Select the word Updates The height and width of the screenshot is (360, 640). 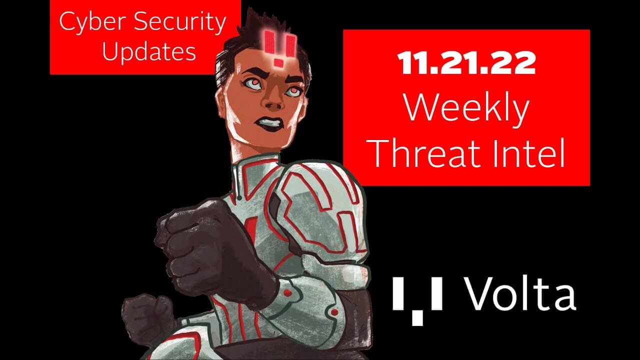[x=148, y=51]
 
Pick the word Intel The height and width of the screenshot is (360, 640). [x=532, y=153]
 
